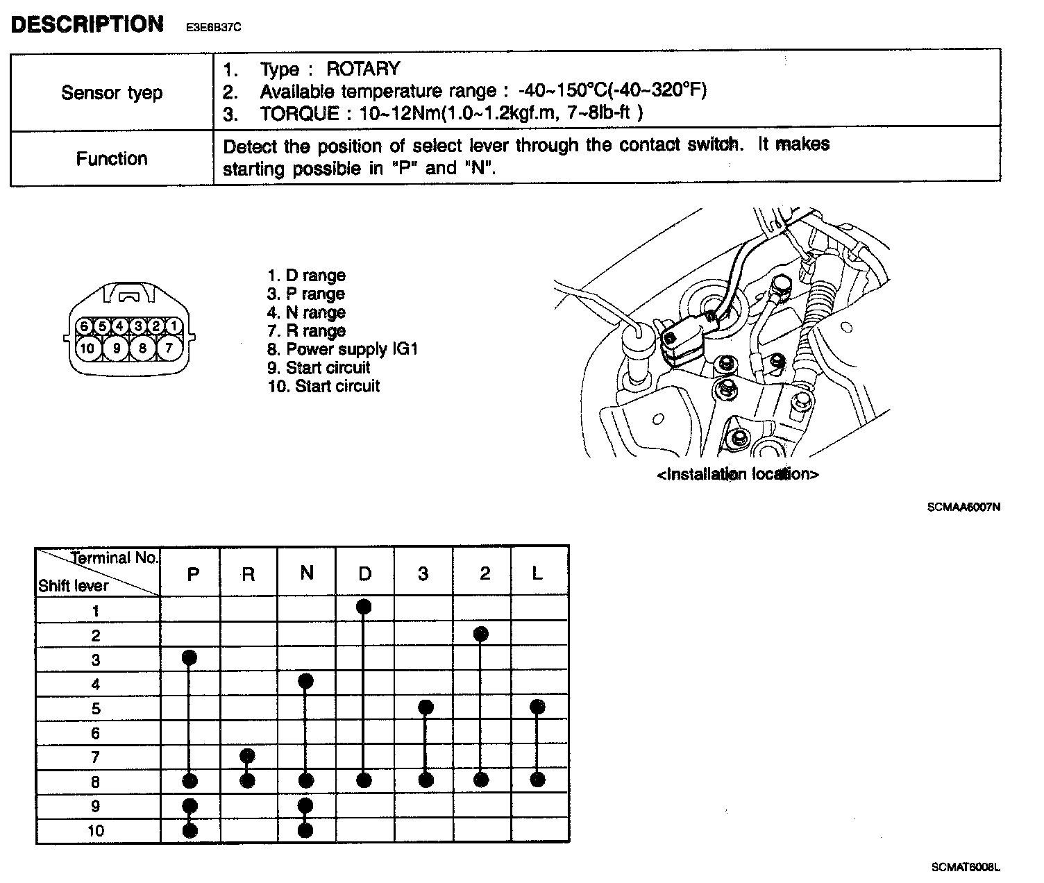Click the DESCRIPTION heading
(x=87, y=25)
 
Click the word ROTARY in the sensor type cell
(x=363, y=69)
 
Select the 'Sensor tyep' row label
(x=112, y=92)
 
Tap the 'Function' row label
(x=112, y=159)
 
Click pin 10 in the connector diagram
(x=87, y=347)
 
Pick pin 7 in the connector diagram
(x=169, y=347)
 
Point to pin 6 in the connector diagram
(x=84, y=326)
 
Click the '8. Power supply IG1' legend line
(x=342, y=349)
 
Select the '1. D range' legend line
(x=306, y=276)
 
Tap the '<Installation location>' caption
(x=737, y=474)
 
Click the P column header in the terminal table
(x=193, y=574)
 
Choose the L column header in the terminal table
(x=537, y=573)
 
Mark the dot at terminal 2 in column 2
(x=481, y=633)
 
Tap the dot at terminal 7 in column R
(x=247, y=755)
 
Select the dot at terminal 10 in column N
(x=305, y=830)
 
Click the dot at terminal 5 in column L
(x=537, y=707)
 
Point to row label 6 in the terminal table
(x=96, y=733)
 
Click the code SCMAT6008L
(x=966, y=867)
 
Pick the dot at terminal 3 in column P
(x=190, y=657)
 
